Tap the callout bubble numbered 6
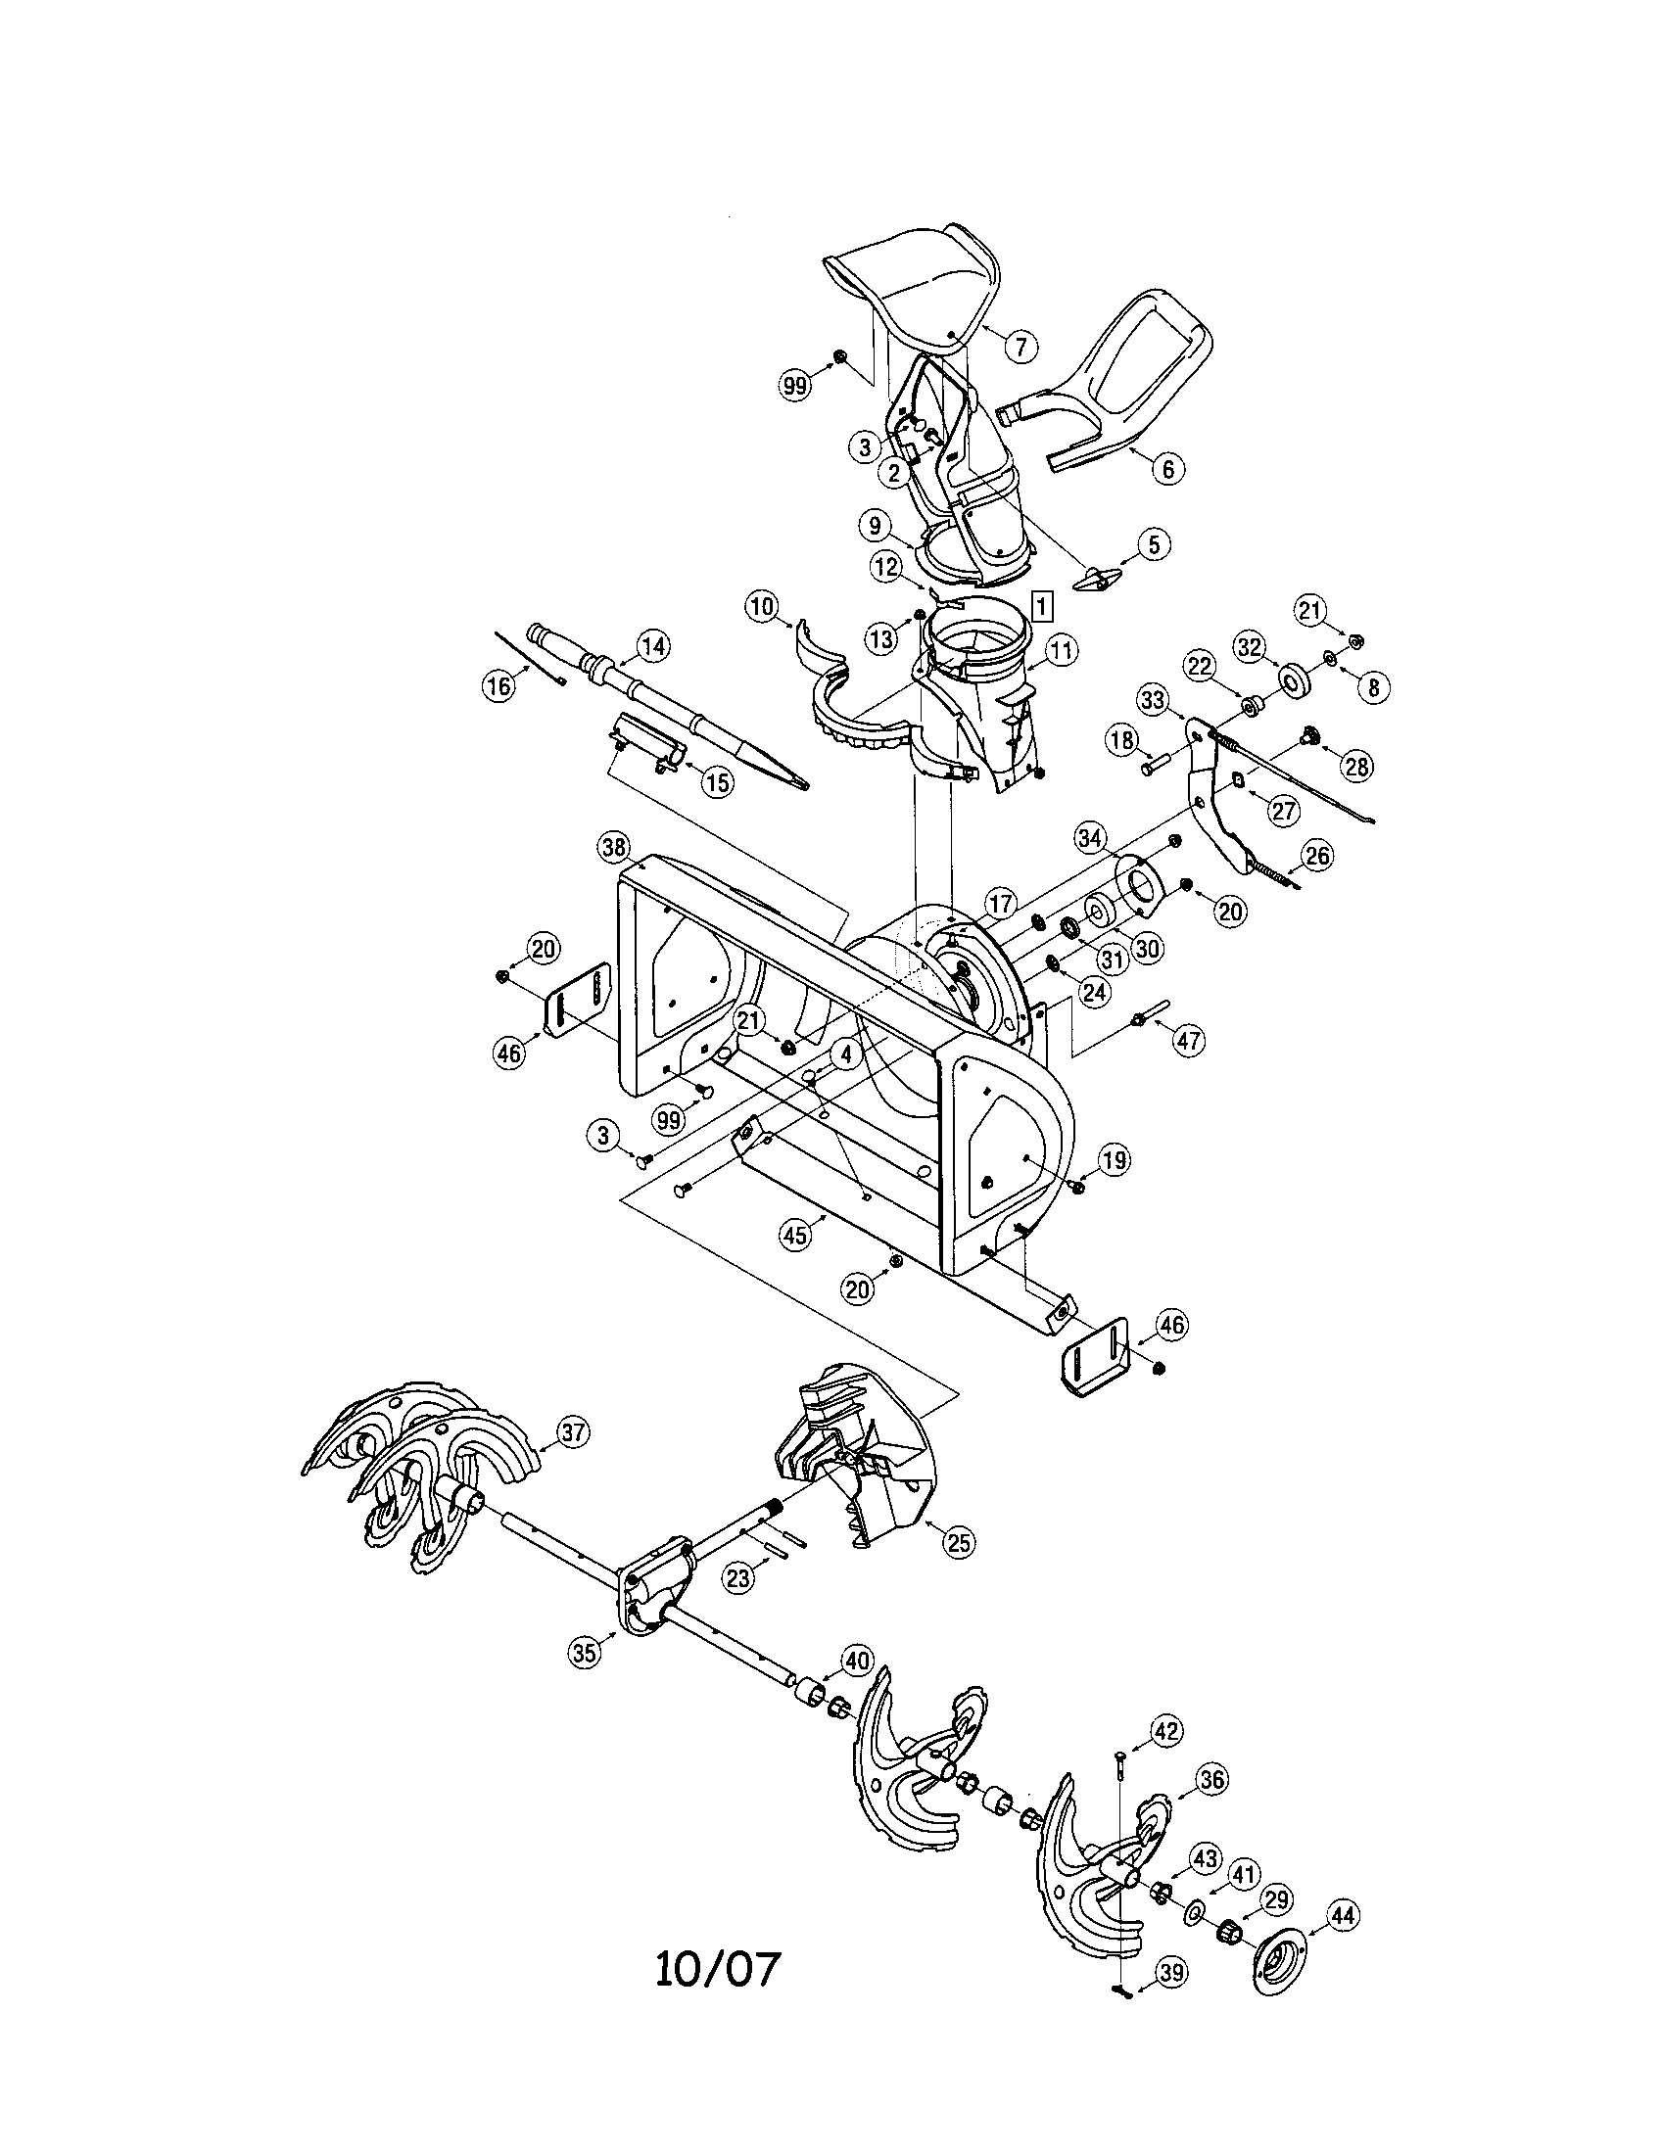pos(1167,468)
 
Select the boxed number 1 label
pos(1044,601)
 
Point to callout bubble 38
pos(613,846)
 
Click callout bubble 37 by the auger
pos(572,1432)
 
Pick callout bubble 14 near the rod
pos(652,646)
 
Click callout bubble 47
pos(1190,1040)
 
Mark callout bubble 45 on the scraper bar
pos(795,1234)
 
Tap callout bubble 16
pos(499,685)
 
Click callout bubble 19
pos(1114,1161)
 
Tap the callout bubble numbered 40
pos(856,1662)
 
